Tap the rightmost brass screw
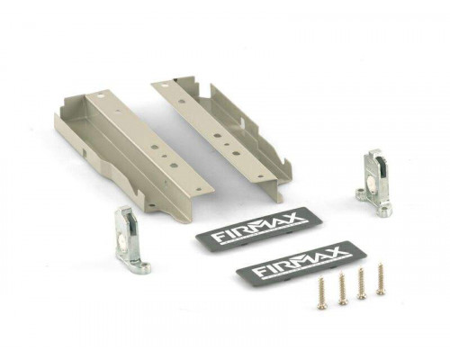[x=381, y=278]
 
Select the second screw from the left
[x=343, y=287]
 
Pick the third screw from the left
[x=362, y=283]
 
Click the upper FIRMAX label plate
[x=258, y=226]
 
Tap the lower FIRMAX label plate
[x=301, y=260]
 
